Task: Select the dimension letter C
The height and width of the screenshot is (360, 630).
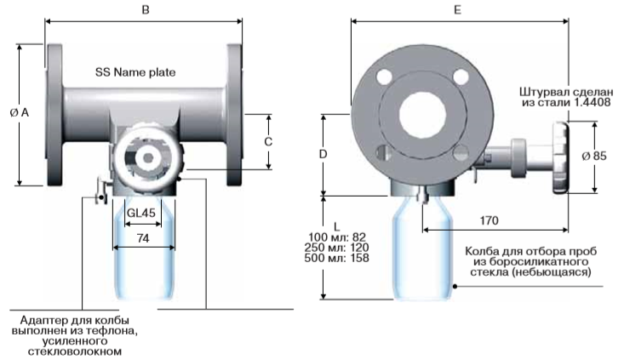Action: tap(267, 141)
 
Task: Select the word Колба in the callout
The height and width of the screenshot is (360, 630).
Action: tap(483, 251)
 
